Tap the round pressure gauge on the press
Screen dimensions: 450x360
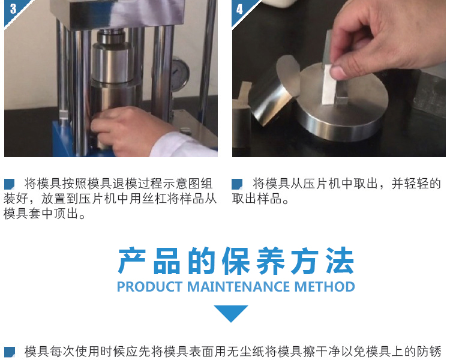tap(179, 74)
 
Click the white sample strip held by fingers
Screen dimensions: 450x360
tap(329, 85)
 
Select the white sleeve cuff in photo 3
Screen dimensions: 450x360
tap(184, 146)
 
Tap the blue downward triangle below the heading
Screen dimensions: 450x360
tap(231, 313)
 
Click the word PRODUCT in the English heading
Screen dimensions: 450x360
tap(149, 287)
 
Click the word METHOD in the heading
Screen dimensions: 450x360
tap(325, 287)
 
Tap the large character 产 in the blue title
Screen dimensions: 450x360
tap(132, 261)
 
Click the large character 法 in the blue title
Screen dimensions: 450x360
tap(340, 261)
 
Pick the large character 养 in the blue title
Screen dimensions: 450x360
tap(271, 261)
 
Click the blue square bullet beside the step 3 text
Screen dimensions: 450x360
tap(9, 184)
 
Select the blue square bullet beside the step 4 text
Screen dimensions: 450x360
tap(237, 184)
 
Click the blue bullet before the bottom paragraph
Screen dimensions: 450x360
tap(10, 352)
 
